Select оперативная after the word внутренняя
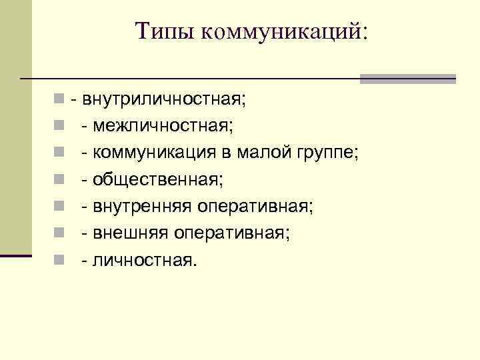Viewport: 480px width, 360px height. point(254,207)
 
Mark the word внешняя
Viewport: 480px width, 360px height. point(132,233)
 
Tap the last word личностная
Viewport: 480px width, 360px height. point(145,260)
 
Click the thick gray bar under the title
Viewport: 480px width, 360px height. point(407,79)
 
